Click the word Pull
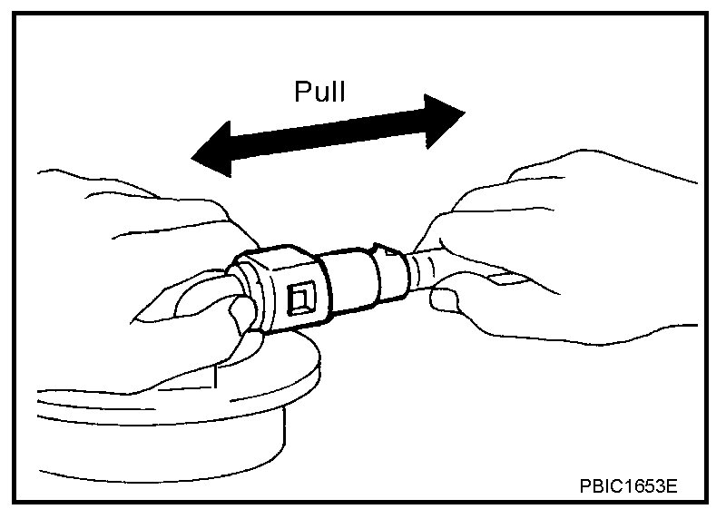pos(319,93)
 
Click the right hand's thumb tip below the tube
pos(444,299)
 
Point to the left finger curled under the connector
pos(238,322)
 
